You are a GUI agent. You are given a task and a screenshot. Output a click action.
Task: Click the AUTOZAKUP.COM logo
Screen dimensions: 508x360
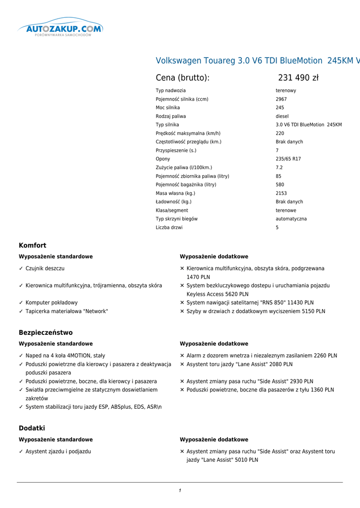click(61, 29)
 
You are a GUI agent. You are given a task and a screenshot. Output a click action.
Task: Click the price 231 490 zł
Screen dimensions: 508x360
click(298, 78)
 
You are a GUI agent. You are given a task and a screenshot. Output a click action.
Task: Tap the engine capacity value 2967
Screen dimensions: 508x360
click(282, 99)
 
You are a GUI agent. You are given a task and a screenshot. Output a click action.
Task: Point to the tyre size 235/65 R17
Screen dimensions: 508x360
click(288, 159)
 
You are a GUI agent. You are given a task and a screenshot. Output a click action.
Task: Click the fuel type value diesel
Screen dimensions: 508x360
click(282, 117)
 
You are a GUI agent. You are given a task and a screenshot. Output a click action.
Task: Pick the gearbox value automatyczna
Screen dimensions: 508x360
click(291, 219)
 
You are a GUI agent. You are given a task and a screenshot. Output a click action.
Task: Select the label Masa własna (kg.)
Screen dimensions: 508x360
click(175, 193)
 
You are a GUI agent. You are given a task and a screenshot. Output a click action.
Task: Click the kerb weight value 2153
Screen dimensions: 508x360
click(281, 193)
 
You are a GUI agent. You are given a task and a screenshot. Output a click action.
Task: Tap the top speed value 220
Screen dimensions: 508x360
click(280, 133)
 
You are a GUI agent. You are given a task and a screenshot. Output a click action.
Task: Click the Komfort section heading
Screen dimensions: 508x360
click(32, 246)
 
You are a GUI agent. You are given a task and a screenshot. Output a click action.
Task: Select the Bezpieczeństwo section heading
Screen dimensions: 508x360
click(46, 333)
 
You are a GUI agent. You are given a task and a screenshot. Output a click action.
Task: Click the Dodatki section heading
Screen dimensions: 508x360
click(32, 428)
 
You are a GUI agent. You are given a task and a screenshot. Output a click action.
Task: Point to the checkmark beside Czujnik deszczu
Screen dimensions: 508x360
click(21, 268)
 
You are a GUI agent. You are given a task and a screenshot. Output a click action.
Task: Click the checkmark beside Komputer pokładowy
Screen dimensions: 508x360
click(21, 303)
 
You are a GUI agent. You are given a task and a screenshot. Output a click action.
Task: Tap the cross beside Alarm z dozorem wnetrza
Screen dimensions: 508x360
click(182, 356)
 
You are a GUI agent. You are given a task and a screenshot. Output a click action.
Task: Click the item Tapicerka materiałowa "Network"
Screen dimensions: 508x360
click(67, 312)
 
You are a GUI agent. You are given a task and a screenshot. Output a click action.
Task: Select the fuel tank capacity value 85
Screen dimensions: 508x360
click(279, 176)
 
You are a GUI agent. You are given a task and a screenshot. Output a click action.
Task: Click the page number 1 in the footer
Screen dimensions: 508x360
click(180, 491)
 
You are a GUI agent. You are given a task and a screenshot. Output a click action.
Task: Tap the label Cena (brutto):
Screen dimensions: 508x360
click(182, 78)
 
